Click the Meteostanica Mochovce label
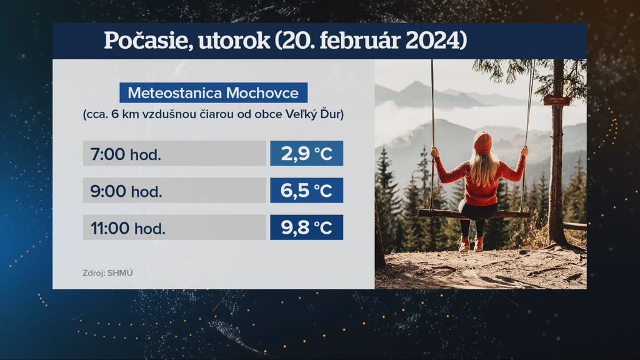[x=213, y=92]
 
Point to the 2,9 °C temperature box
[x=306, y=154]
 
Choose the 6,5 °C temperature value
[x=306, y=190]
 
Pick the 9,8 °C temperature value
[x=306, y=227]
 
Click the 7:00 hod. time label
[x=126, y=154]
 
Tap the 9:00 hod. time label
[x=126, y=191]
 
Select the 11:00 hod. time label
[x=127, y=228]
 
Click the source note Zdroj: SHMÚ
[x=107, y=273]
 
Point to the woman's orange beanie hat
[x=482, y=143]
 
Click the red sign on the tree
[x=556, y=100]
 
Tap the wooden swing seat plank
[x=474, y=214]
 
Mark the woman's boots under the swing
[x=471, y=244]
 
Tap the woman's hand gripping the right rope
[x=524, y=151]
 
